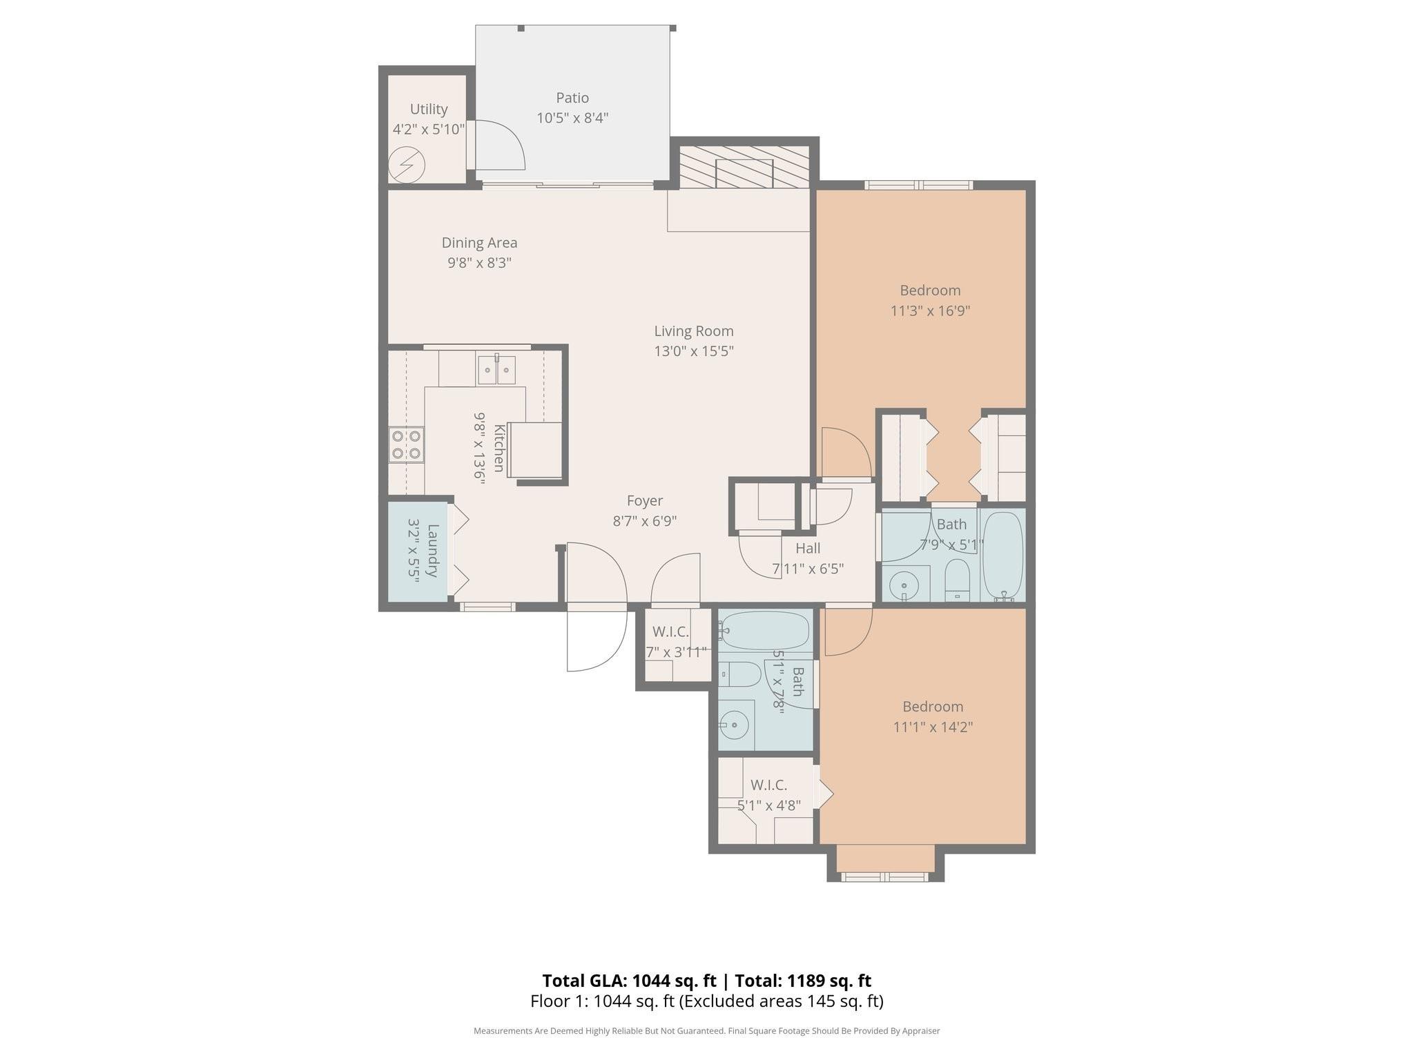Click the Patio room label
pyautogui.click(x=572, y=98)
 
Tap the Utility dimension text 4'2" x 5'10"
pyautogui.click(x=429, y=129)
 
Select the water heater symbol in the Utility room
pyautogui.click(x=406, y=165)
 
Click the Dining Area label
pyautogui.click(x=479, y=243)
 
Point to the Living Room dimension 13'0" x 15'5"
pyautogui.click(x=694, y=351)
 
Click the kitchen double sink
pyautogui.click(x=496, y=370)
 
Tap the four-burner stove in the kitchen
pyautogui.click(x=406, y=444)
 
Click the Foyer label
pyautogui.click(x=645, y=501)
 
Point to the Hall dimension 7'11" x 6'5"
pyautogui.click(x=808, y=569)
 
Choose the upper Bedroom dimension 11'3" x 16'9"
pyautogui.click(x=930, y=311)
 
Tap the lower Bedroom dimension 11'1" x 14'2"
pyautogui.click(x=933, y=727)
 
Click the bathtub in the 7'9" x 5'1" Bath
pyautogui.click(x=1003, y=555)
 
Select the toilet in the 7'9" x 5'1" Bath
pyautogui.click(x=957, y=579)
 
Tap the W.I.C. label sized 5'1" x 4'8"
pyautogui.click(x=768, y=785)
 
